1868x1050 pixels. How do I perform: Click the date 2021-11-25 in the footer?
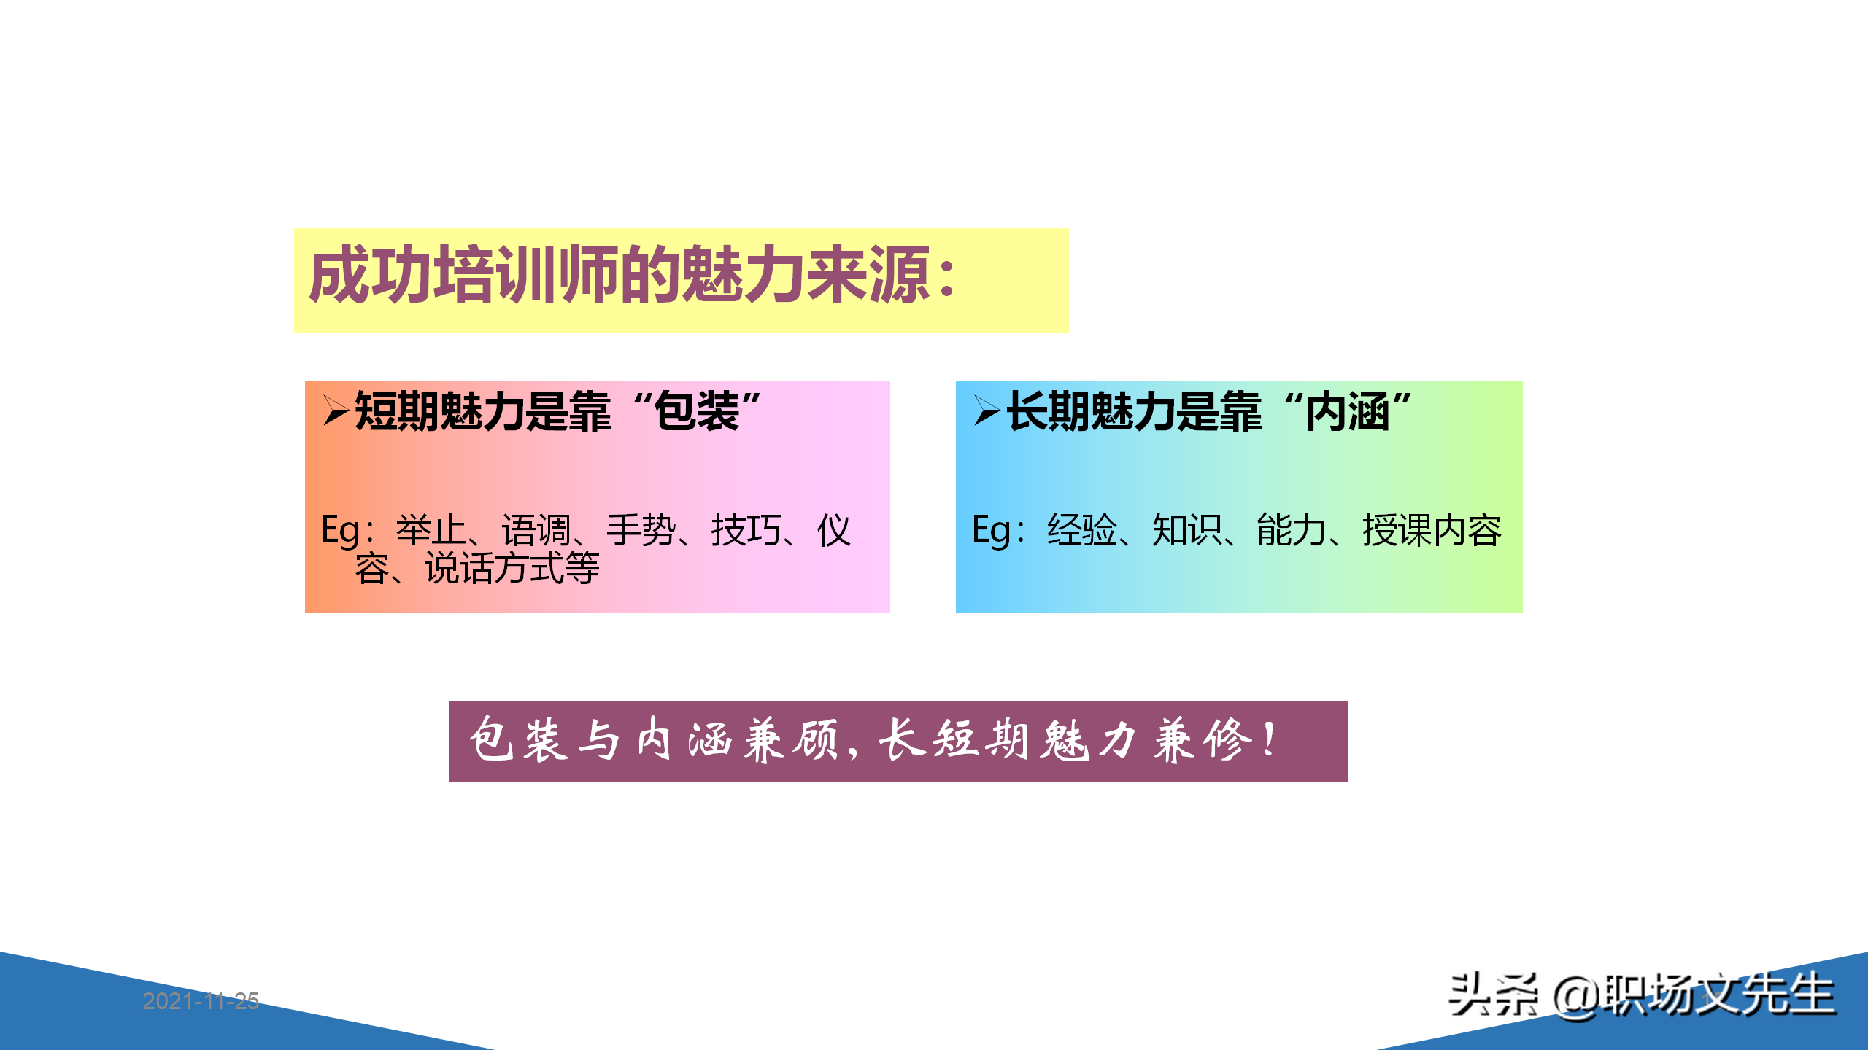(x=201, y=1000)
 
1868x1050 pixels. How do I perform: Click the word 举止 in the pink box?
(x=431, y=530)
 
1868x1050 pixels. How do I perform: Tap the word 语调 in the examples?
(x=536, y=530)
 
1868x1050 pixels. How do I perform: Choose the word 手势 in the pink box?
(x=641, y=530)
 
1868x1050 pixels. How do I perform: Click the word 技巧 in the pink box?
(x=746, y=530)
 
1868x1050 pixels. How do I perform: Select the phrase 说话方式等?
(x=512, y=569)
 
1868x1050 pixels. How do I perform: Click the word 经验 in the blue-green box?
(x=1081, y=530)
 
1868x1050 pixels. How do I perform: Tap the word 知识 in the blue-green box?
(x=1186, y=530)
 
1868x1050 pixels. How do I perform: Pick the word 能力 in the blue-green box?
(x=1292, y=530)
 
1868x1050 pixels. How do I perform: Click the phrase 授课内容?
(x=1432, y=530)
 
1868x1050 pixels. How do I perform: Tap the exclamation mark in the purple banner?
(x=1270, y=739)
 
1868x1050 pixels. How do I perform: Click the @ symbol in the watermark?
(x=1576, y=996)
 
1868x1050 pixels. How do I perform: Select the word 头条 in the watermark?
(x=1493, y=995)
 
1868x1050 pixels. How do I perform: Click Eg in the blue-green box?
(x=992, y=530)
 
